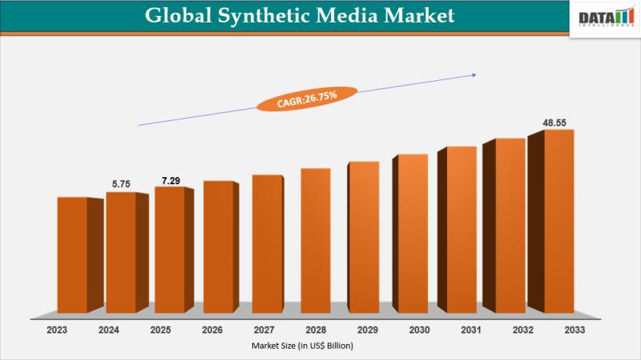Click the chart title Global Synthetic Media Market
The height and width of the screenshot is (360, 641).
[x=299, y=15]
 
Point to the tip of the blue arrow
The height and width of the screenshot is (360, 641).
[x=476, y=75]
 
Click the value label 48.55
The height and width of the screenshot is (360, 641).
[x=556, y=123]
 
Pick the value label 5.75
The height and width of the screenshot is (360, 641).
[x=121, y=184]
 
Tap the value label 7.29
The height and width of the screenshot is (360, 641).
[x=170, y=180]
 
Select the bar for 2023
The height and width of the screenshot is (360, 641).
[x=72, y=254]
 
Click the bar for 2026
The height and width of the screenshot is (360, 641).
[x=217, y=246]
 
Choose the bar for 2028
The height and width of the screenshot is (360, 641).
[x=315, y=240]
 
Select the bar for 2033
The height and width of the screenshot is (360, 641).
[x=558, y=220]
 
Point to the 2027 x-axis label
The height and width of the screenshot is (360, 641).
[x=264, y=330]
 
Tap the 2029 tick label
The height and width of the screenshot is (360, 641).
[x=368, y=330]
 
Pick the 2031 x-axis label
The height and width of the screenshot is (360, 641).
[x=471, y=330]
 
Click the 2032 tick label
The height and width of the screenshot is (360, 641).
[x=522, y=330]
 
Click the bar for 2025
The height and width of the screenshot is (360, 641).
[x=169, y=249]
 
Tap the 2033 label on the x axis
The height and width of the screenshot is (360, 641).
[x=574, y=330]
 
